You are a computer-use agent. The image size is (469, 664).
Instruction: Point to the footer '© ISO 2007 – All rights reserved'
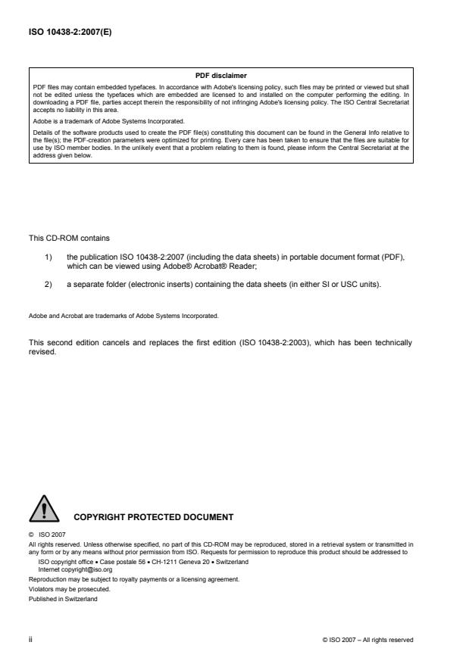coord(368,639)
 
